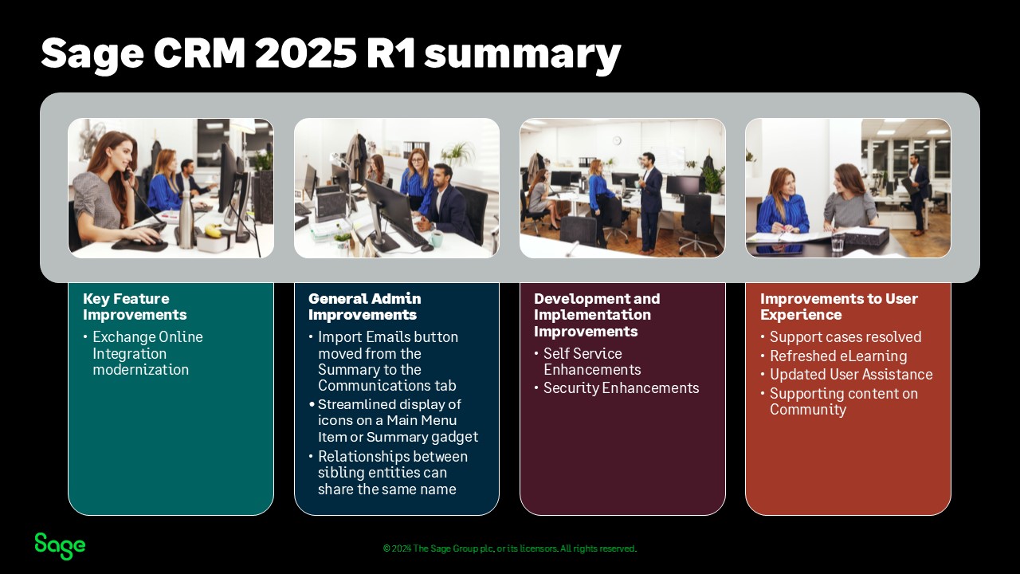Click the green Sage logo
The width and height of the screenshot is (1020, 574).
tap(60, 546)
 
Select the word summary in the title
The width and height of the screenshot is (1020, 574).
tap(522, 56)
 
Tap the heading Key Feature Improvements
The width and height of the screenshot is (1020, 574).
tap(135, 307)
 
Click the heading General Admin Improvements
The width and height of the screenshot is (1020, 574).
tap(364, 307)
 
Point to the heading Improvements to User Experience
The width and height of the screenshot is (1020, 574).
tap(839, 307)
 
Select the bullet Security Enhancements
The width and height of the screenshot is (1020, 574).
tap(621, 388)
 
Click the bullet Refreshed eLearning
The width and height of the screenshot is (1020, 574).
tap(838, 356)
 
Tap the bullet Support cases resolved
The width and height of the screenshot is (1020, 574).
tap(845, 337)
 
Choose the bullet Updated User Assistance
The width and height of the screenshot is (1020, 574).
tap(851, 375)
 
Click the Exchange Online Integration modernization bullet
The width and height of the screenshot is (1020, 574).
tap(147, 353)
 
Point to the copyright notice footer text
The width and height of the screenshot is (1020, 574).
tap(509, 548)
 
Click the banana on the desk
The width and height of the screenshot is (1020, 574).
tap(213, 230)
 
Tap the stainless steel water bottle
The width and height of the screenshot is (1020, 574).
tap(186, 219)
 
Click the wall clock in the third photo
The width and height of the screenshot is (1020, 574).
tap(617, 140)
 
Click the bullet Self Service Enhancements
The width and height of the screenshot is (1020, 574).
tap(592, 361)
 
